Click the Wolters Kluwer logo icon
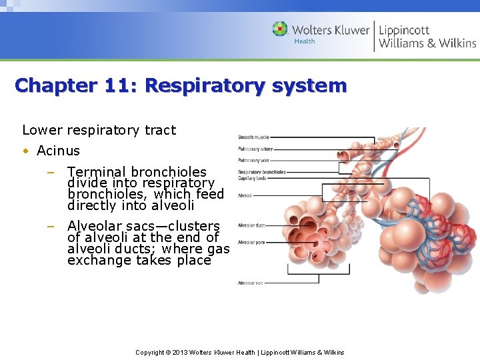(280, 29)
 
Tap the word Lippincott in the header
(404, 29)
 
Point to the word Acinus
(58, 151)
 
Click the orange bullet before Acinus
(25, 151)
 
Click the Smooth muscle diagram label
(253, 137)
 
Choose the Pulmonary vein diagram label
(253, 161)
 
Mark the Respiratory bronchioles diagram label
(262, 172)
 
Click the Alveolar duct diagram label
(251, 225)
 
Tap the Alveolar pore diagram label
(251, 242)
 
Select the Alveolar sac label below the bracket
(251, 283)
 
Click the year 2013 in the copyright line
(182, 352)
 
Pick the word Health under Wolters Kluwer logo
(305, 41)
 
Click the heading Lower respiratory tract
(99, 130)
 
